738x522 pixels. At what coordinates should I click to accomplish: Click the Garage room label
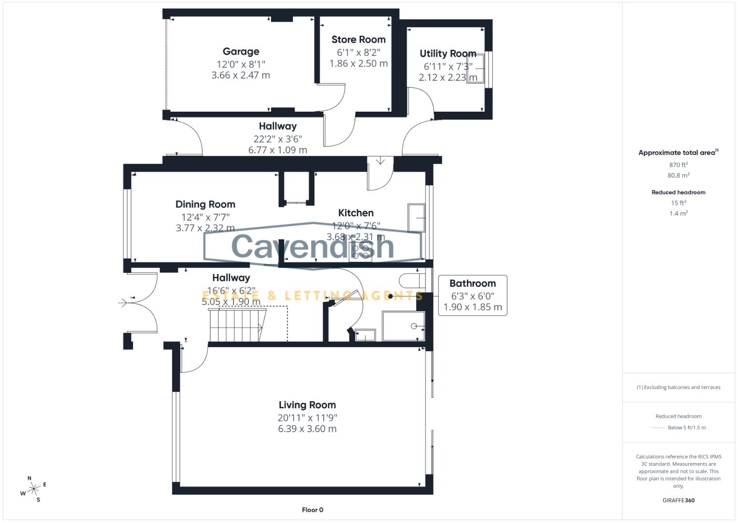coord(241,51)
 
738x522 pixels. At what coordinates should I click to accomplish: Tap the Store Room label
coord(358,40)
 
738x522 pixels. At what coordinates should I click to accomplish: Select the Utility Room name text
coord(448,53)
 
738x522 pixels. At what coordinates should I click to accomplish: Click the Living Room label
coord(307,405)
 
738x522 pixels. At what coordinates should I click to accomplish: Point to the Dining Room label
coord(205,204)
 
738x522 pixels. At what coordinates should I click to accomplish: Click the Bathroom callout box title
coord(472,284)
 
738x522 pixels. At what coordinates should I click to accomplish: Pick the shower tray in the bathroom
coord(403,326)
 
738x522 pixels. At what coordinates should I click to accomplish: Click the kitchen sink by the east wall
coord(417,218)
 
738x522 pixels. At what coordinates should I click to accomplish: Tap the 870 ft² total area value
coord(678,165)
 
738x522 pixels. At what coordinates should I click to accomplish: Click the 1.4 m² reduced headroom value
coord(678,213)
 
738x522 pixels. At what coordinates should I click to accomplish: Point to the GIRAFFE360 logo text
coord(678,500)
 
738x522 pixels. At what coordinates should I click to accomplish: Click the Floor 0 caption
coord(312,510)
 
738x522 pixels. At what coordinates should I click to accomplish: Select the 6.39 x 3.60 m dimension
coord(307,429)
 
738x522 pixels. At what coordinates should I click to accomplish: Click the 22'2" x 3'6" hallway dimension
coord(277,139)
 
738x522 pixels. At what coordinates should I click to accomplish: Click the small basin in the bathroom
coord(365,334)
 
